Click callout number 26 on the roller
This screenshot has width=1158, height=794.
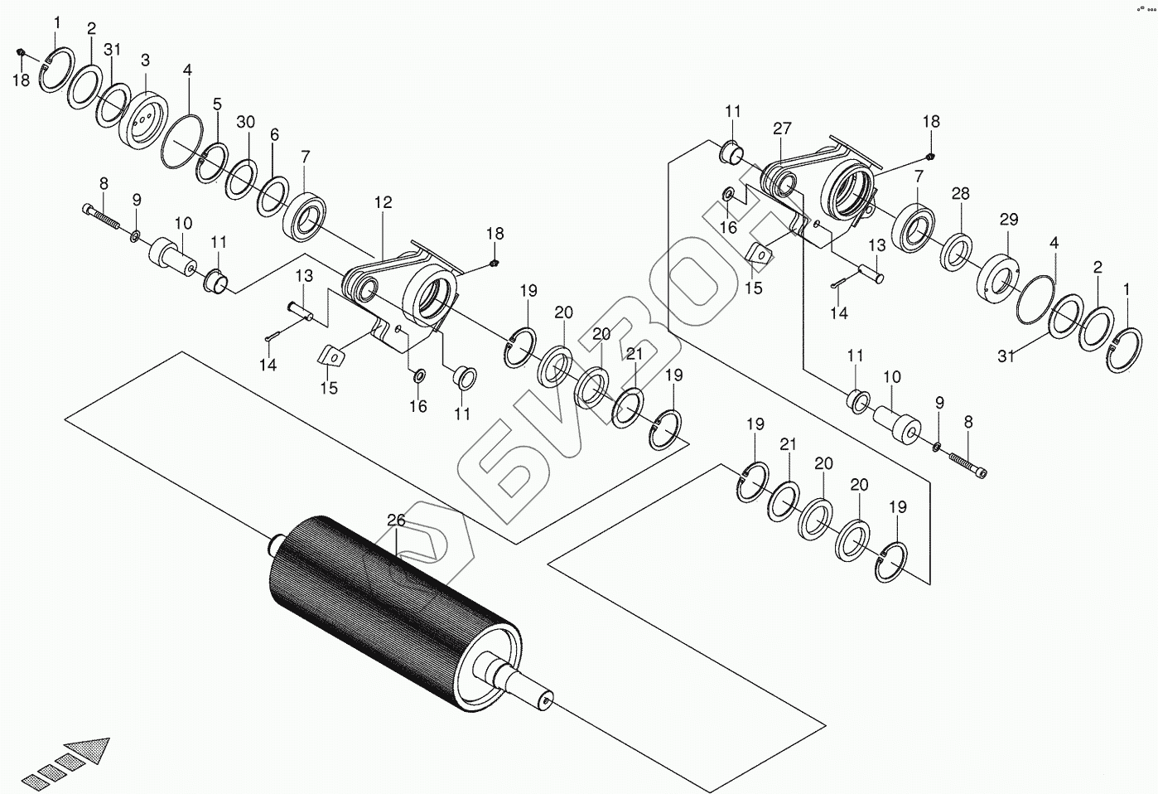pos(396,520)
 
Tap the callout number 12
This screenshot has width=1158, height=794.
pos(382,202)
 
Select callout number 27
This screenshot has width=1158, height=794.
pos(782,128)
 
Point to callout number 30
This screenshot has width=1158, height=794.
pos(245,122)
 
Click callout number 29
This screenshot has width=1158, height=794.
pos(1008,220)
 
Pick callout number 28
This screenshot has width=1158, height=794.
pos(960,194)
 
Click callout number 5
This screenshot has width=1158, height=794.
pos(217,104)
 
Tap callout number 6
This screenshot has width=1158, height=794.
pos(274,136)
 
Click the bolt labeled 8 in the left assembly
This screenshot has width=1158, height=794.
pos(101,217)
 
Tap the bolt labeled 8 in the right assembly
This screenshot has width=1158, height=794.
pos(966,463)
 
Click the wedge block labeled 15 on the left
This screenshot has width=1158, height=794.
pos(331,356)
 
